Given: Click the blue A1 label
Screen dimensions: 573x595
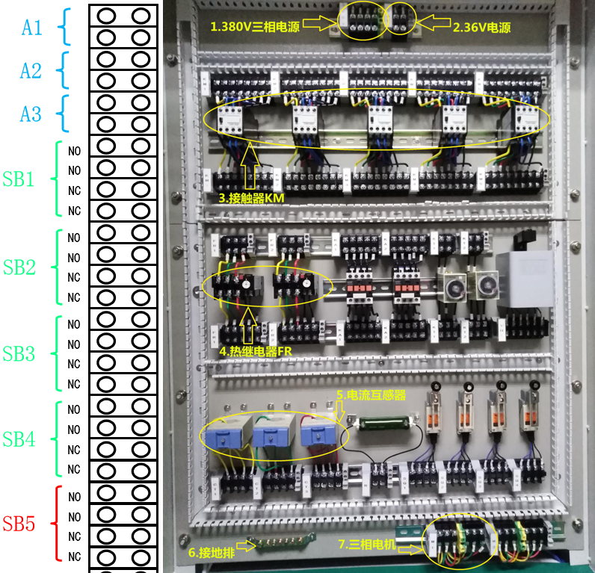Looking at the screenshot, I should pos(31,28).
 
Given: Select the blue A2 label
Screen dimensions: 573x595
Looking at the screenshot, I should pos(31,71).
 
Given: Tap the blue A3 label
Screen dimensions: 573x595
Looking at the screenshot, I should pos(31,114).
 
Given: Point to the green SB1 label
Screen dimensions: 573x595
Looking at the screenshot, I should pos(19,180).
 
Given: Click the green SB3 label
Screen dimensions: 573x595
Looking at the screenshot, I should pos(19,353).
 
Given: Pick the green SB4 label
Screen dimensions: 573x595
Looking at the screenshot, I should pos(19,439).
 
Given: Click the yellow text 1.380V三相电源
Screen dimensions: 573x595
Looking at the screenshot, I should pos(256,26).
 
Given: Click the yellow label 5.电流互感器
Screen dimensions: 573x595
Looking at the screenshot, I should pos(371,394).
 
